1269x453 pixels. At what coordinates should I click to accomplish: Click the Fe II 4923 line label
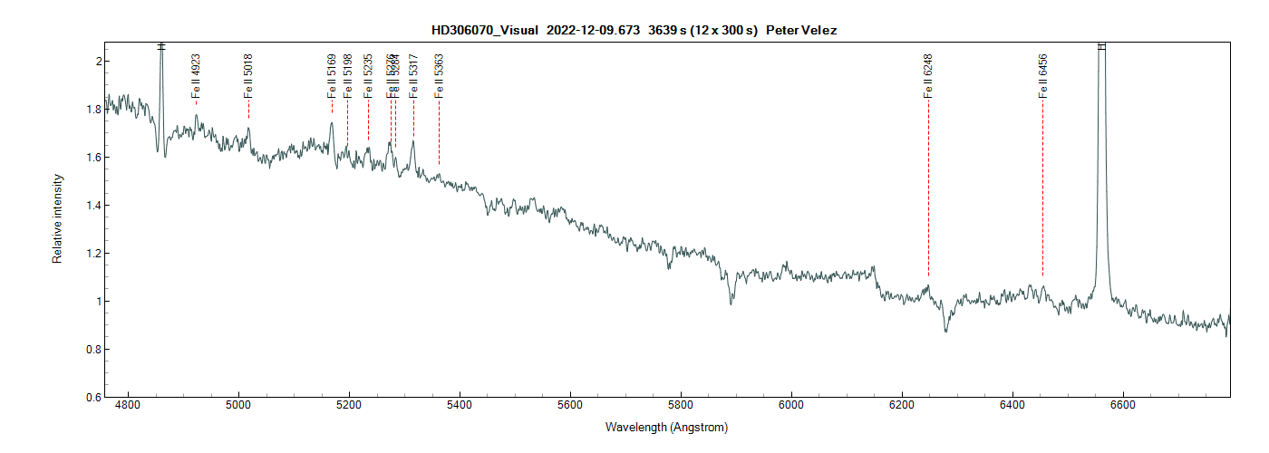pos(196,75)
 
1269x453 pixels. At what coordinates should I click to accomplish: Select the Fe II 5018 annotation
pos(248,75)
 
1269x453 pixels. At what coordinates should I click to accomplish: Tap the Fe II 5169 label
pos(332,75)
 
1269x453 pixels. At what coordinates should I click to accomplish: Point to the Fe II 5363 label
pos(439,75)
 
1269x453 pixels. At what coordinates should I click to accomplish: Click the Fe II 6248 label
pos(928,75)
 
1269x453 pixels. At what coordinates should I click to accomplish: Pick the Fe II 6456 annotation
pos(1042,75)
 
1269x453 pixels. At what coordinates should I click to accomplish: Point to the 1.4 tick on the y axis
pos(91,206)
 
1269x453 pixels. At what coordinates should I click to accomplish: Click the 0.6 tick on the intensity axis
pos(91,397)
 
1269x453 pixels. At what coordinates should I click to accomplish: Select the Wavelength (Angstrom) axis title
pos(666,427)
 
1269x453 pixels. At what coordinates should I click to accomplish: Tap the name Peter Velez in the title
pos(801,30)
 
